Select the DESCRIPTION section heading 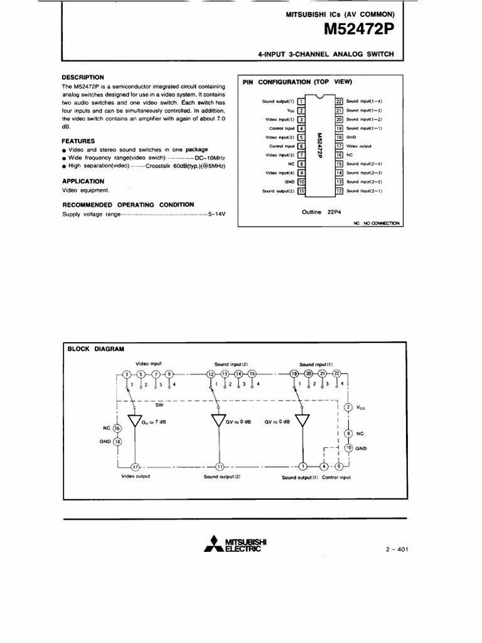tap(82, 77)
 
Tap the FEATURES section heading tap(78, 141)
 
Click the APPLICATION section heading tap(83, 181)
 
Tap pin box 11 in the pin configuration tap(301, 190)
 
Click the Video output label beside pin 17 tap(360, 146)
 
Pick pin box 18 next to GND tap(339, 137)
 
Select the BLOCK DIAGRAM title tap(96, 349)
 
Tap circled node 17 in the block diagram tap(135, 467)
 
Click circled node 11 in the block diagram tap(220, 467)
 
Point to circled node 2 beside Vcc tap(349, 408)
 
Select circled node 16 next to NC tap(117, 428)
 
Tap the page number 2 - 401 tap(397, 549)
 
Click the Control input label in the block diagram tap(336, 477)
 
